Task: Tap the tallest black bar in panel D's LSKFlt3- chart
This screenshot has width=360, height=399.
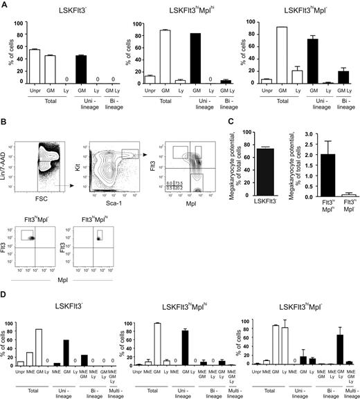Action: click(84, 352)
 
